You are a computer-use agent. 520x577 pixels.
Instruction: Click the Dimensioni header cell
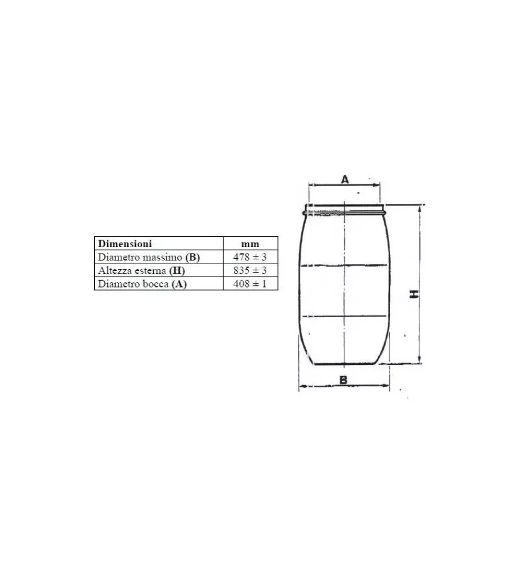(x=159, y=243)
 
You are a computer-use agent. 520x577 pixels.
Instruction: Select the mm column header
(x=250, y=243)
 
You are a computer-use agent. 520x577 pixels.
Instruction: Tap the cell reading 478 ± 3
(x=250, y=256)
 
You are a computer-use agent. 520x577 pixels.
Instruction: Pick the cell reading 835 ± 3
(x=250, y=270)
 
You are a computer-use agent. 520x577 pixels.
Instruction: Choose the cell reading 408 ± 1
(x=250, y=284)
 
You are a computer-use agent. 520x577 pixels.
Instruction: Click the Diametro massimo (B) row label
(x=148, y=257)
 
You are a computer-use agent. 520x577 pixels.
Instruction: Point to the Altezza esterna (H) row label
(x=142, y=270)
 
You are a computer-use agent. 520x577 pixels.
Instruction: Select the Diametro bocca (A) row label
(x=142, y=284)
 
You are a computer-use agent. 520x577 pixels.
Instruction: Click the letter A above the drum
(x=344, y=179)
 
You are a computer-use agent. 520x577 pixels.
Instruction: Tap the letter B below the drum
(x=343, y=380)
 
